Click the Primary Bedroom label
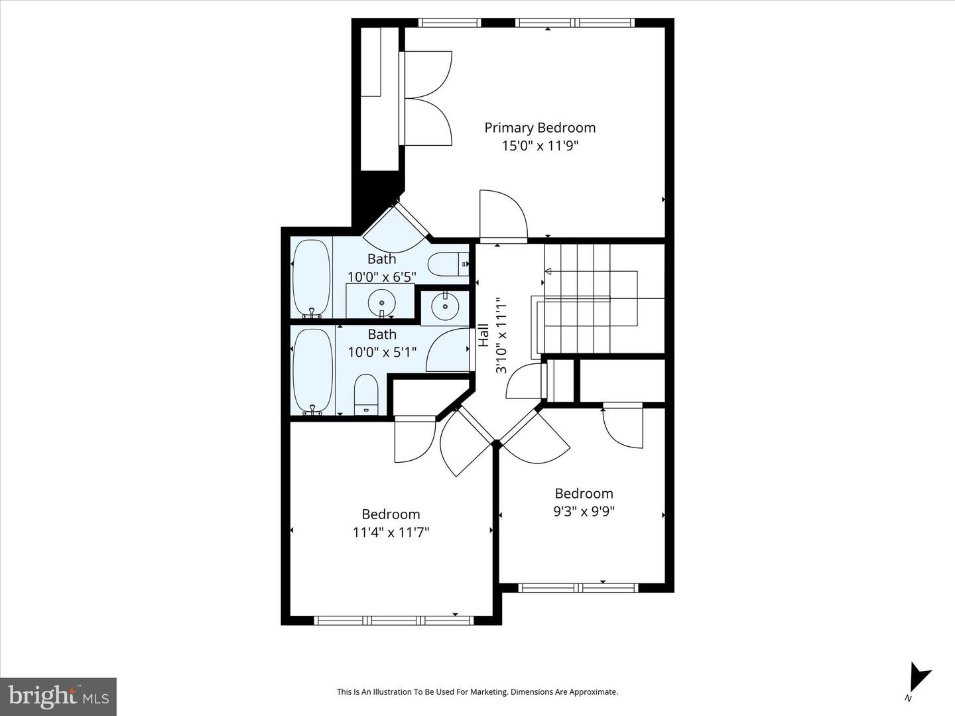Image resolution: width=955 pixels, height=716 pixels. click(540, 128)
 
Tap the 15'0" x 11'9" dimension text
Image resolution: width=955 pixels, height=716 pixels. click(540, 146)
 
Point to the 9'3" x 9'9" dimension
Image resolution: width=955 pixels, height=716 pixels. click(584, 511)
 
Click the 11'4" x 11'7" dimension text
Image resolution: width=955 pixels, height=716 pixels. click(391, 532)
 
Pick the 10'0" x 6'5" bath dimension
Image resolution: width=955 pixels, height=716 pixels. click(381, 276)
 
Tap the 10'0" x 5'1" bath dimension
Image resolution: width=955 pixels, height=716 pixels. click(382, 351)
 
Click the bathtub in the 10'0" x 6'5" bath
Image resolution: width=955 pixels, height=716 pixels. click(311, 278)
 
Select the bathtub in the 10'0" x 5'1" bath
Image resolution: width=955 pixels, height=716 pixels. click(312, 371)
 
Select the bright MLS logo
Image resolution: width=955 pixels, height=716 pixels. click(58, 696)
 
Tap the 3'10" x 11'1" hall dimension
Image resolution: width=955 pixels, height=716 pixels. click(501, 335)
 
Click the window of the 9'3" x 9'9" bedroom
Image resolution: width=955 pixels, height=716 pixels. click(578, 588)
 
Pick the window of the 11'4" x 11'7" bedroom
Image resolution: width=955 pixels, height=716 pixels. click(394, 621)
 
